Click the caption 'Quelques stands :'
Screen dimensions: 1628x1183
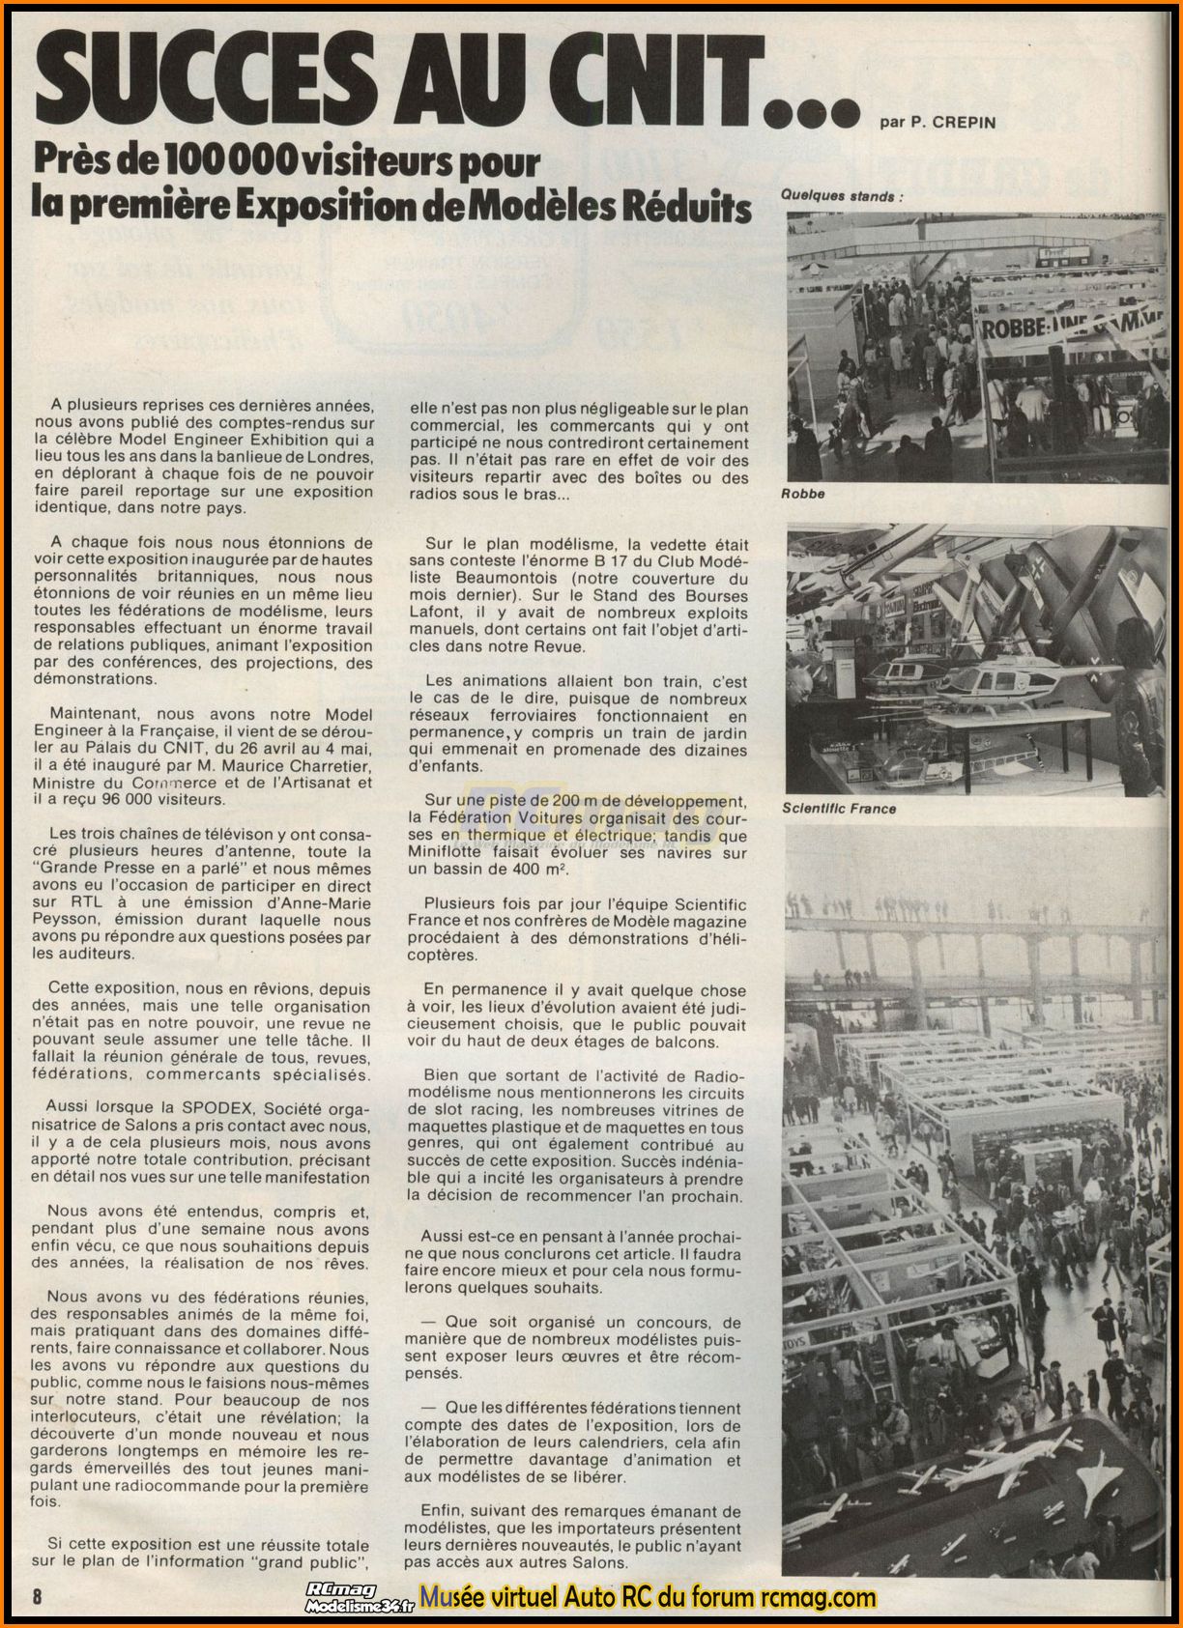click(841, 195)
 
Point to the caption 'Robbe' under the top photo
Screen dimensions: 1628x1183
click(803, 493)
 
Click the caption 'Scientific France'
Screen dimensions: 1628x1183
click(838, 808)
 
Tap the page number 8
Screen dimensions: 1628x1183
click(38, 1595)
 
